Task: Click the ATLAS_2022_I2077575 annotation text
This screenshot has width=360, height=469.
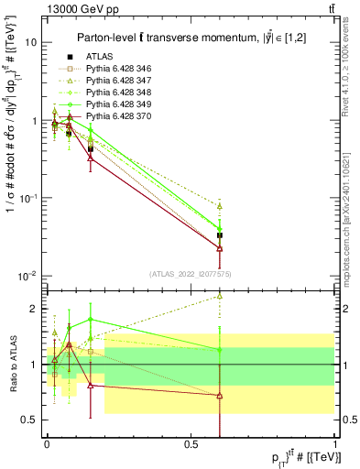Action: click(191, 275)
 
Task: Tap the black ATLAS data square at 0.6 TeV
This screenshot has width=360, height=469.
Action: click(220, 235)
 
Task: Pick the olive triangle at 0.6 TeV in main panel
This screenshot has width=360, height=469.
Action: click(220, 206)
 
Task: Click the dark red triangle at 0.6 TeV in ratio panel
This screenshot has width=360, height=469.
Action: click(220, 396)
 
